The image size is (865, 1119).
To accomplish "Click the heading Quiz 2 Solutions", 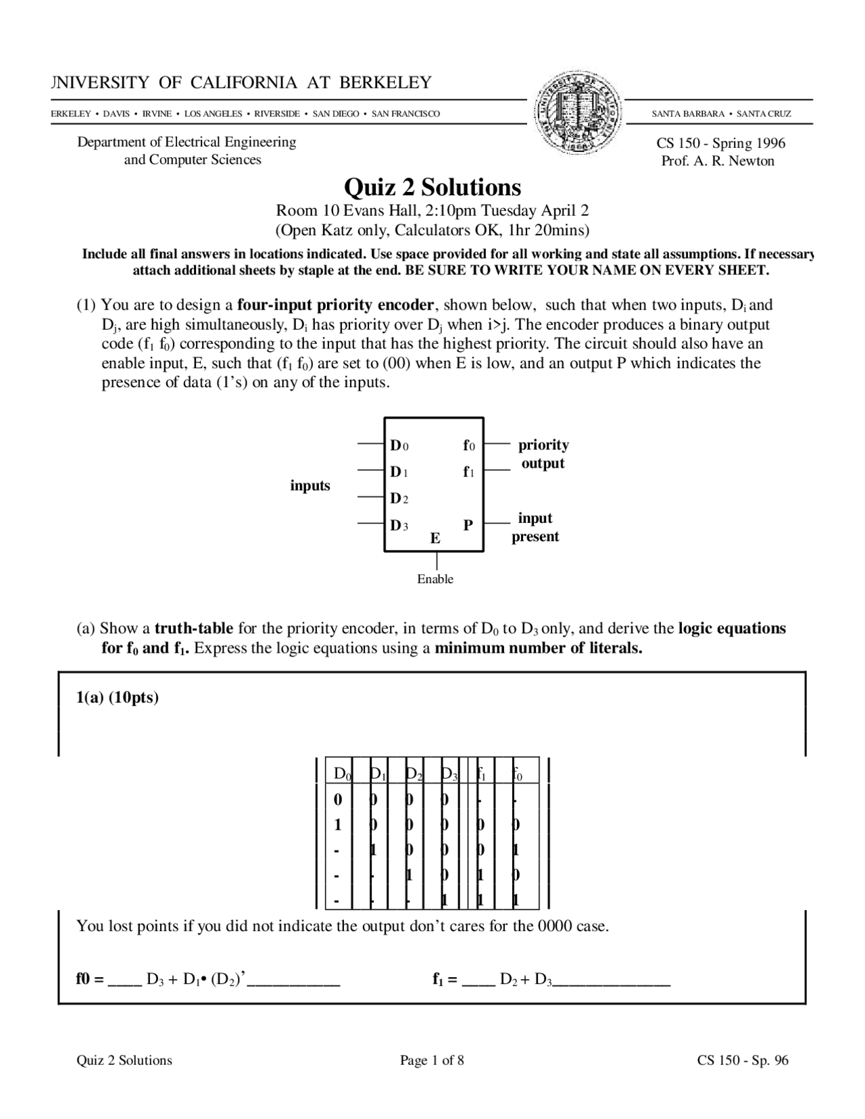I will pos(432,186).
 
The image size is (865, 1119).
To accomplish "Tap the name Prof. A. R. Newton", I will pos(718,161).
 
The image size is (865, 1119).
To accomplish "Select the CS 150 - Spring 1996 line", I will pos(720,143).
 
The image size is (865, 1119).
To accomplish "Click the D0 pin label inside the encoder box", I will pos(399,445).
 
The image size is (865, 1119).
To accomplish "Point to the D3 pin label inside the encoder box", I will pos(399,525).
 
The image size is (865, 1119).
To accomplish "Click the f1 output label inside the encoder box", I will pos(468,472).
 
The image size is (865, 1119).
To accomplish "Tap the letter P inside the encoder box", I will pos(468,524).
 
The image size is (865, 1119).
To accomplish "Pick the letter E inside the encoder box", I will pos(435,539).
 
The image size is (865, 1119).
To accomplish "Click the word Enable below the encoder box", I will pos(435,579).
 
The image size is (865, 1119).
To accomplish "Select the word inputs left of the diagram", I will pos(310,485).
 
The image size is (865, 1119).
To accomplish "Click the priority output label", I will pos(543,454).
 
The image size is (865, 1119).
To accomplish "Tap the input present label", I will pos(535,527).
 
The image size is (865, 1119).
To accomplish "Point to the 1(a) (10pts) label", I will pos(117,697).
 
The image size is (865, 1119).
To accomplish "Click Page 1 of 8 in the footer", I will pos(432,1060).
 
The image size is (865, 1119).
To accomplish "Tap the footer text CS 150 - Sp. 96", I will pos(742,1060).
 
